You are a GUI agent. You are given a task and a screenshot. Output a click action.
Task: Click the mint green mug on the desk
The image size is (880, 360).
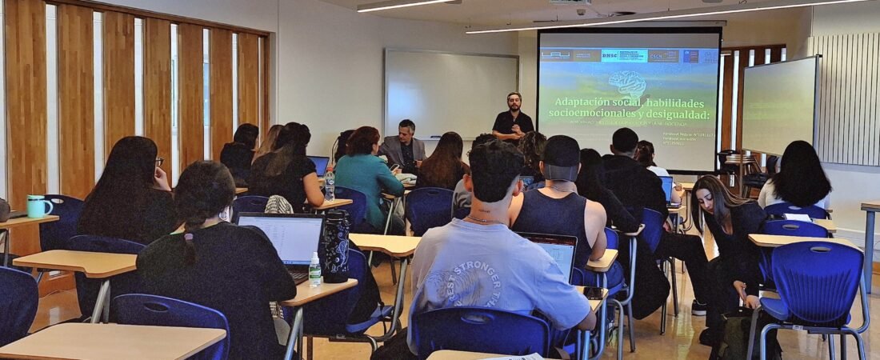point(37,206)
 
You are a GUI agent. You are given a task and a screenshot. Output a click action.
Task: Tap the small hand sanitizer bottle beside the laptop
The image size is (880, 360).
point(315,270)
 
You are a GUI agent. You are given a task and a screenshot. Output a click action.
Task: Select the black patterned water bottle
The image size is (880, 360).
point(336,246)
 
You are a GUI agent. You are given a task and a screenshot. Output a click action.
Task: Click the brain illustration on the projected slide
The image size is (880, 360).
point(628,84)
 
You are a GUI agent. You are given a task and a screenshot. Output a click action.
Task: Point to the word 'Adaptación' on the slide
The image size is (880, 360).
point(584,103)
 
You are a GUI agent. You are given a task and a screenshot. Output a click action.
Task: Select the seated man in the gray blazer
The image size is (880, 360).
point(404,147)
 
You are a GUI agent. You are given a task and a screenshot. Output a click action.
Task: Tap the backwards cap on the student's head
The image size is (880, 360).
point(561,157)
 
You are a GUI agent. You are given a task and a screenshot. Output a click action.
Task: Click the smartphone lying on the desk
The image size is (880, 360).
point(594,293)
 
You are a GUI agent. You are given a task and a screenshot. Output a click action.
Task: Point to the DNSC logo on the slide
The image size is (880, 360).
point(610,55)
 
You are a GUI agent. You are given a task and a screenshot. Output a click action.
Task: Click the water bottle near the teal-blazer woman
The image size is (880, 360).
point(330,186)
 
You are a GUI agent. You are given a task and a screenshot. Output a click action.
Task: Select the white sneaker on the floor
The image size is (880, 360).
point(698,307)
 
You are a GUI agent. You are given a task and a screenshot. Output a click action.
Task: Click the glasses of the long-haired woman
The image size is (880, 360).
point(159,162)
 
